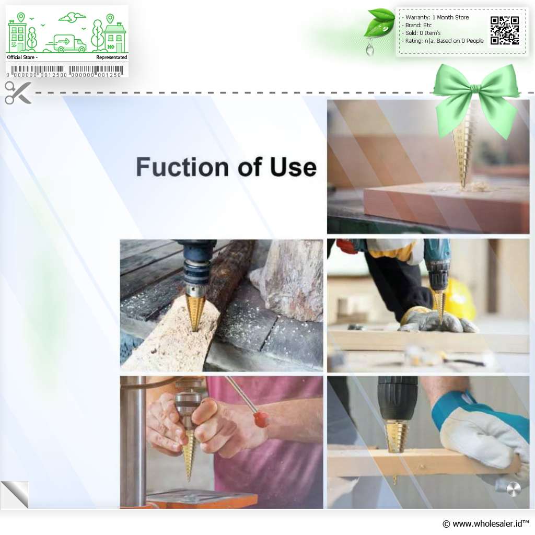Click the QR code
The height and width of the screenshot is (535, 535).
[x=505, y=30]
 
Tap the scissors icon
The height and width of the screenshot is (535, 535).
[x=18, y=92]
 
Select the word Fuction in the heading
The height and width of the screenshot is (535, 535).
[x=182, y=167]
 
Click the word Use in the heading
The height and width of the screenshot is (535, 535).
[x=293, y=167]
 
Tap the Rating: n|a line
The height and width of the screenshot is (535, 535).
[x=443, y=41]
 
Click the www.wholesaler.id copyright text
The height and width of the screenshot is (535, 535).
[x=485, y=524]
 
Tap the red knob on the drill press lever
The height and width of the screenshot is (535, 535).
[x=261, y=418]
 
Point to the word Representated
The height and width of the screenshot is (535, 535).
[x=112, y=57]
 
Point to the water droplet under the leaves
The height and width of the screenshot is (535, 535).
[x=369, y=49]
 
